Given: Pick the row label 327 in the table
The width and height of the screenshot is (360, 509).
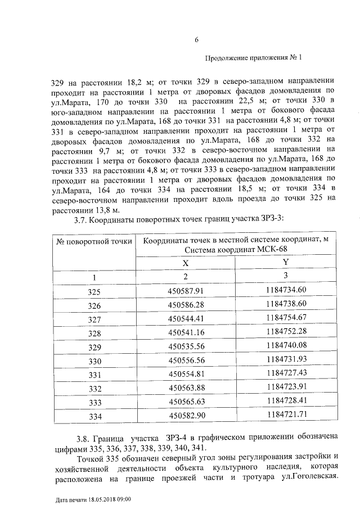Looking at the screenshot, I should coord(94,319).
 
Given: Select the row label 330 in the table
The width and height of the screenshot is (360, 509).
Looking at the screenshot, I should coord(94,361).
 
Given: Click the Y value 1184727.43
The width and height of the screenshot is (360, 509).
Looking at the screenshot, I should coord(286,374).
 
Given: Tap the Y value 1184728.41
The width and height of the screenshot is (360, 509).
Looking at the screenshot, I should coord(286,402).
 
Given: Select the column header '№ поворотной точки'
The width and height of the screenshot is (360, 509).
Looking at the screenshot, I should coord(94,241).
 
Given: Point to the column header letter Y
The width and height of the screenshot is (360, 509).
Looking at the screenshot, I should coord(286,262).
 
